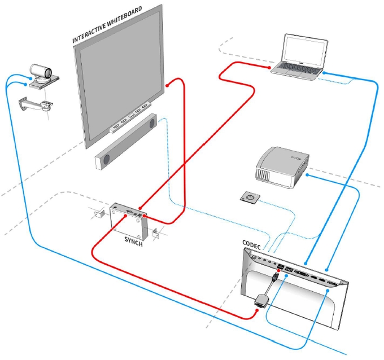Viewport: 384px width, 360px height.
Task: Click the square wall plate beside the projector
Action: pyautogui.click(x=249, y=197)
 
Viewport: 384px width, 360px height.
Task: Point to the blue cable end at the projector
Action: pyautogui.click(x=308, y=175)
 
